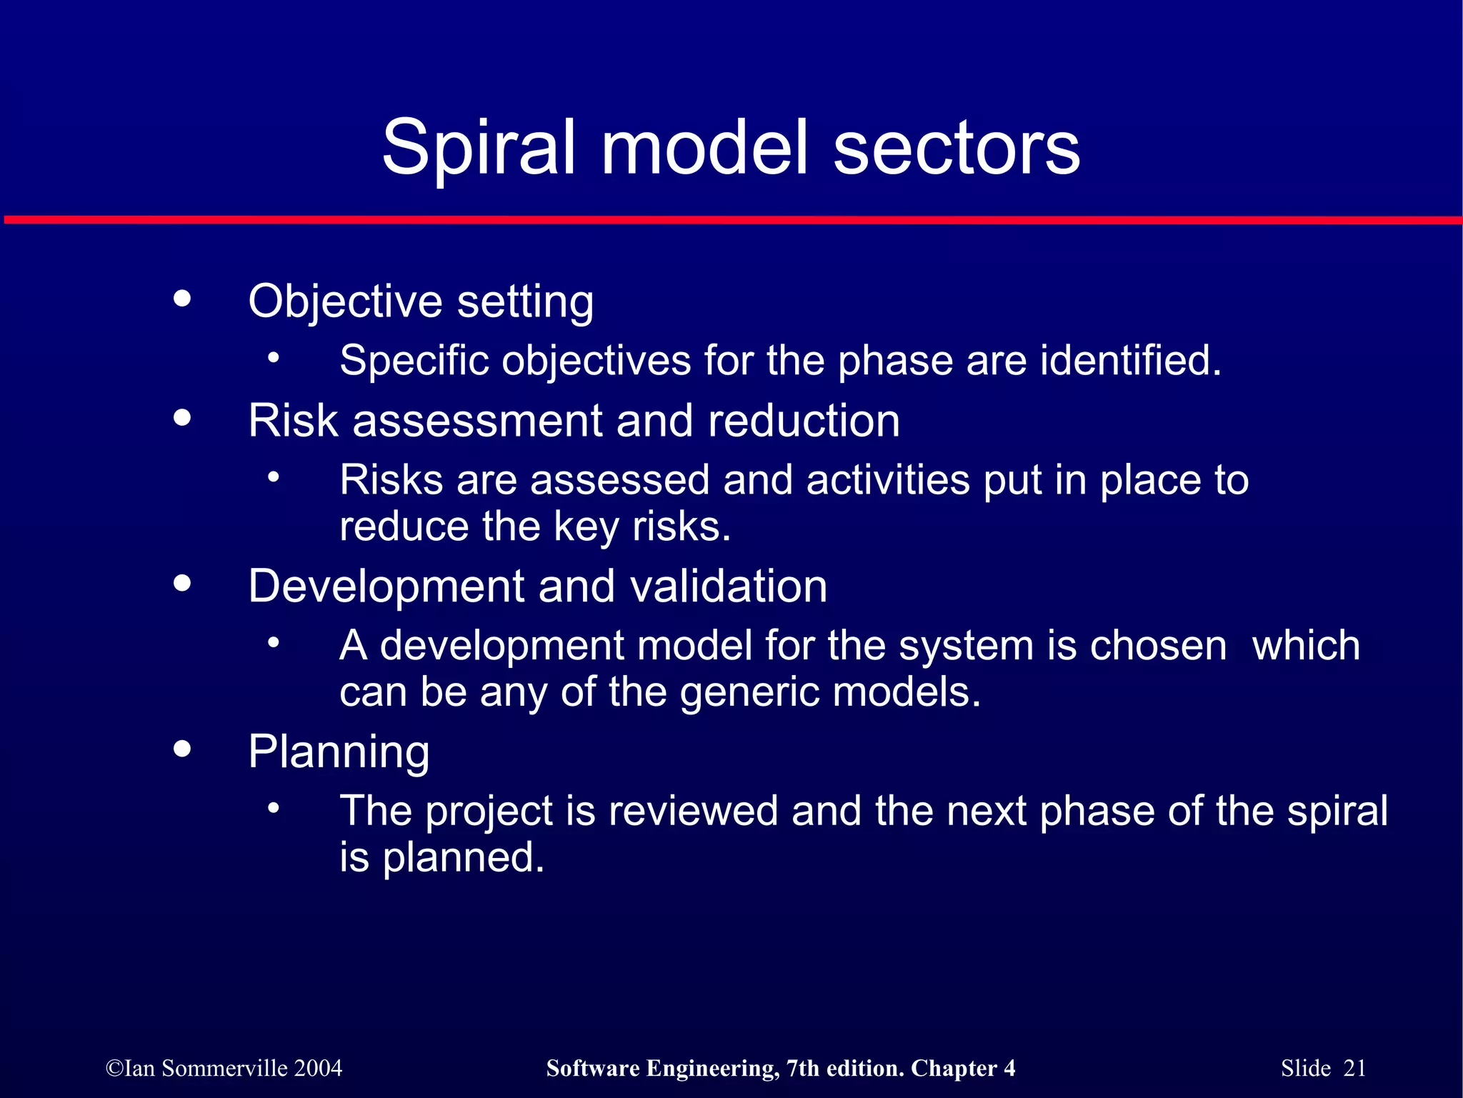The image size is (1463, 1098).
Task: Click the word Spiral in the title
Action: coord(478,149)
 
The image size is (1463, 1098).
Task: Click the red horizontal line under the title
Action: coord(731,220)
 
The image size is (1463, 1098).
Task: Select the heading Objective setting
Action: coord(421,301)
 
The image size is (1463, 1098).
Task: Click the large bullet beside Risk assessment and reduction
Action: coord(183,417)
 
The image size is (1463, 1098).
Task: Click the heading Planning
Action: coord(339,752)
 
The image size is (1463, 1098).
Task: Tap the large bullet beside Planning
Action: coord(183,749)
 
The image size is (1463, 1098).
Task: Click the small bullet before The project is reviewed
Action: coord(274,809)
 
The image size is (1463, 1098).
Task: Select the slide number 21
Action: coord(1354,1068)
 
